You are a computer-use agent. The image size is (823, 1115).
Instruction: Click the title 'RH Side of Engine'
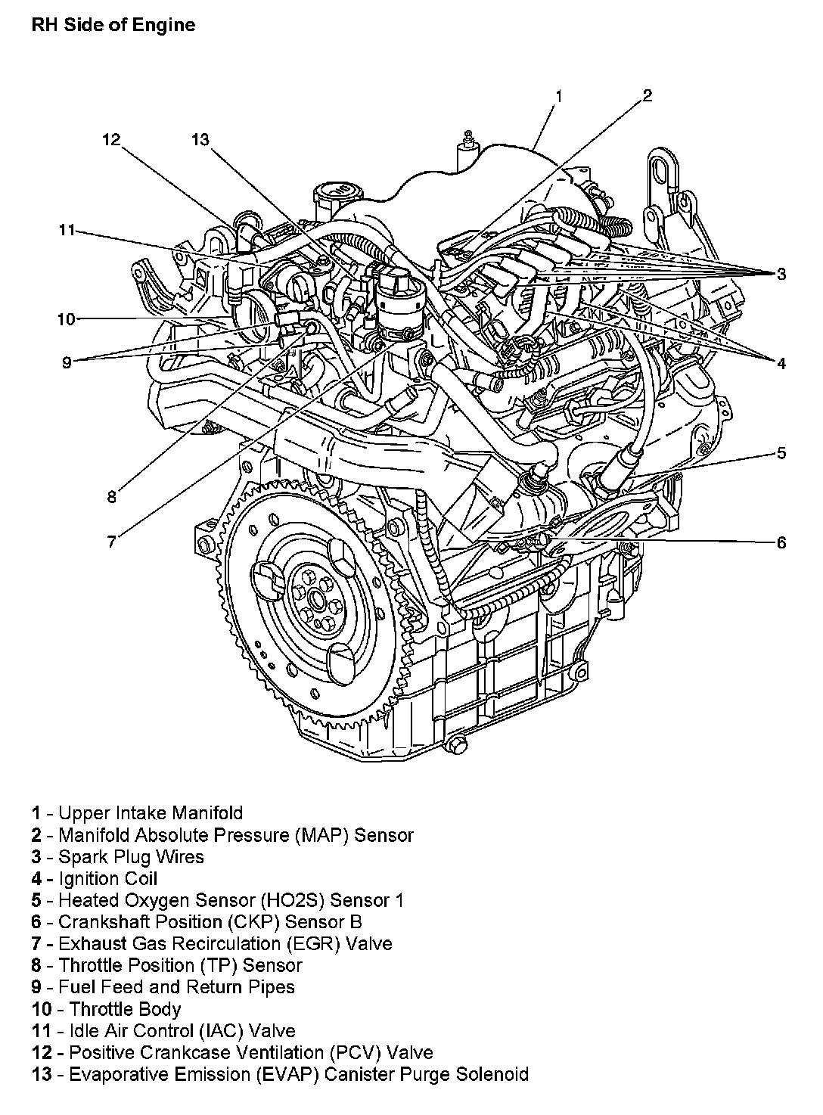coord(113,25)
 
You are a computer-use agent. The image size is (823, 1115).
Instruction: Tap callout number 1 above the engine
coord(558,96)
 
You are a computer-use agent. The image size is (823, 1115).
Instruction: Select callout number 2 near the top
coord(647,95)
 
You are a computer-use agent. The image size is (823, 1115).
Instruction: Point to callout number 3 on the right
coord(781,274)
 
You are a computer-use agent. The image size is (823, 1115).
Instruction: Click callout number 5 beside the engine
coord(781,453)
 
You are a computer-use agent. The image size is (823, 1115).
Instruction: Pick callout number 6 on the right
coord(781,542)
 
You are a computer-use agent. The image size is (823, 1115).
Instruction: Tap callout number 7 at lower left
coord(111,541)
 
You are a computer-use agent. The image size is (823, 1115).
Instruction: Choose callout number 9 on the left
coord(67,362)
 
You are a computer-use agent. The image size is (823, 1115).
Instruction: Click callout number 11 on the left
coord(67,230)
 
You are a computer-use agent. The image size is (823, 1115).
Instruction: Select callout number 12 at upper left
coord(111,139)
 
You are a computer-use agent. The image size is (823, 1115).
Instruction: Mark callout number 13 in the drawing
coord(200,139)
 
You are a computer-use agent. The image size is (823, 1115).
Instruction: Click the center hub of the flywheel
coord(315,601)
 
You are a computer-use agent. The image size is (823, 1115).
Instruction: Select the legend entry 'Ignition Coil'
coord(107,878)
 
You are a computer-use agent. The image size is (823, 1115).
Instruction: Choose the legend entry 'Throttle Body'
coord(125,1009)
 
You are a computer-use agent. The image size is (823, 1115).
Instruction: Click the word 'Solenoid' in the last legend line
coord(492,1074)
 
